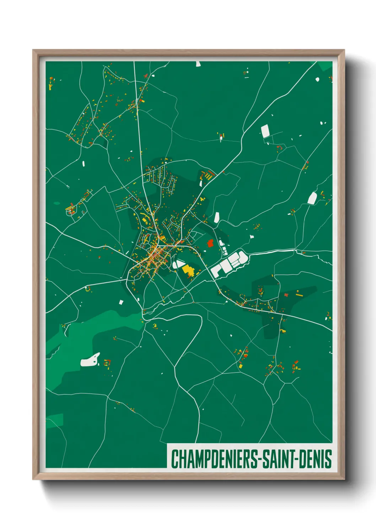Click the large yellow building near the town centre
click(x=188, y=270)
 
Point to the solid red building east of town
click(x=210, y=243)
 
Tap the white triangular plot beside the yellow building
click(x=178, y=264)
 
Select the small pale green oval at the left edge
click(x=57, y=203)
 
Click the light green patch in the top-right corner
click(x=324, y=66)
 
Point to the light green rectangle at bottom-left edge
click(x=54, y=420)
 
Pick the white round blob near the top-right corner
click(x=317, y=79)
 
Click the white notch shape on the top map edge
click(x=198, y=64)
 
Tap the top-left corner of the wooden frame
click(x=33, y=50)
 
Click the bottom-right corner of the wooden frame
click(x=344, y=479)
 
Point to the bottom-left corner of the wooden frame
click(x=33, y=479)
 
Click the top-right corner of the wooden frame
click(x=344, y=50)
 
